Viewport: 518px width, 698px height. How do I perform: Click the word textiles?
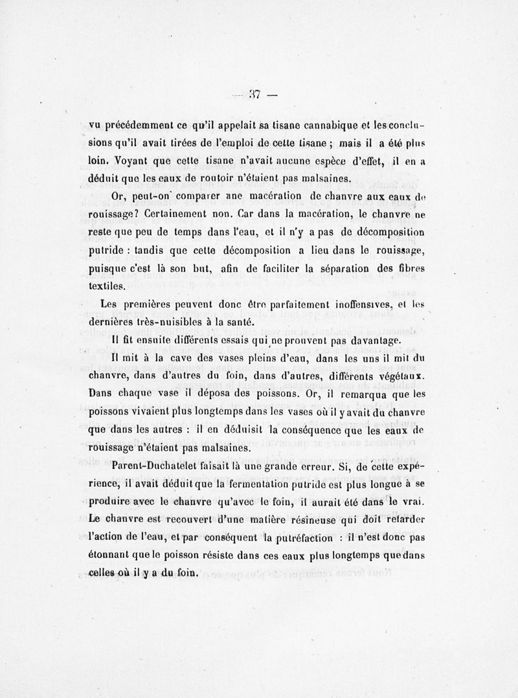coord(106,286)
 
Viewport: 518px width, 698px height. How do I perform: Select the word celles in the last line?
coord(104,572)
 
